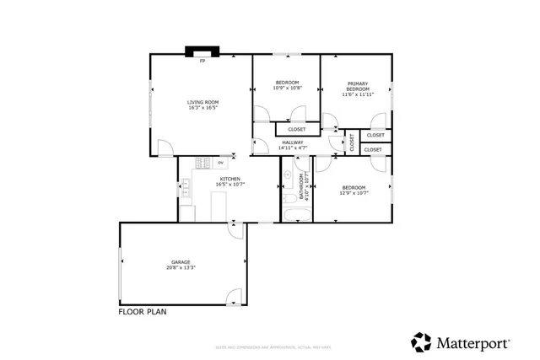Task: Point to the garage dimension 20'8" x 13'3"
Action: coord(181,268)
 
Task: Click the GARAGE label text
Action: coord(181,262)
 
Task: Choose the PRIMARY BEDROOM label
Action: coord(358,86)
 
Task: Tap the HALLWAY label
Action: coord(292,142)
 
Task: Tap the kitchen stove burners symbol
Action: coord(202,162)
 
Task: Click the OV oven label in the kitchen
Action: coord(221,162)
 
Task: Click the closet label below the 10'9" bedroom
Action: coord(297,129)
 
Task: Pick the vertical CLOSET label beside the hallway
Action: coord(353,143)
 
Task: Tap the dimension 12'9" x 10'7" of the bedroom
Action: coord(353,192)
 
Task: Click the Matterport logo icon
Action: coord(421,342)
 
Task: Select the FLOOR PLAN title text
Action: coord(142,311)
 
